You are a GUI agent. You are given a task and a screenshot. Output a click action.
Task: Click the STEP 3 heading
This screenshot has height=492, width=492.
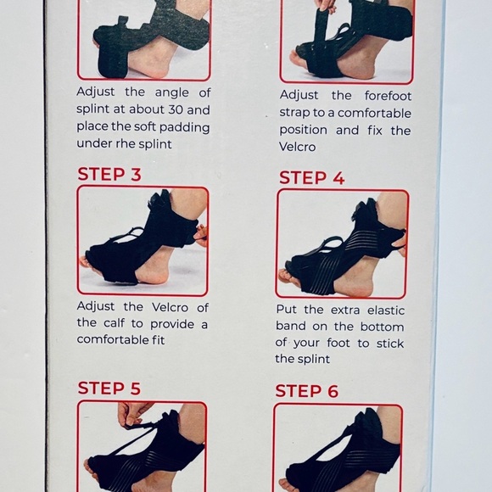tap(109, 174)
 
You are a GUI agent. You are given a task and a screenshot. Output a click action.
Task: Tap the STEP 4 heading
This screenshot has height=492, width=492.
tap(311, 177)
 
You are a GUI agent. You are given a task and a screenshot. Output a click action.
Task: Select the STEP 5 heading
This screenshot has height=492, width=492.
tap(109, 389)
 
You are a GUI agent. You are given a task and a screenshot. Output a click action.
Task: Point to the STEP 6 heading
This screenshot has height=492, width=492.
tap(306, 391)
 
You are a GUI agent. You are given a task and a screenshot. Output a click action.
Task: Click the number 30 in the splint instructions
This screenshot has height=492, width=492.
tap(176, 109)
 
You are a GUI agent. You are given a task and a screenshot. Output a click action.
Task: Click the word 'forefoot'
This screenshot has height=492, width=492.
tap(388, 96)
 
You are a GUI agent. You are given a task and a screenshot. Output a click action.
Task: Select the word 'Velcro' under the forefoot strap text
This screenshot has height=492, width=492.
tap(297, 147)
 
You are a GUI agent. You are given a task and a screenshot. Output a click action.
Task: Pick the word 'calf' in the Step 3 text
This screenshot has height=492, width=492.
tap(114, 323)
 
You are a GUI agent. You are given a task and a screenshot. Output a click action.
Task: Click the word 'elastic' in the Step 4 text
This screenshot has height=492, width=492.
tap(386, 310)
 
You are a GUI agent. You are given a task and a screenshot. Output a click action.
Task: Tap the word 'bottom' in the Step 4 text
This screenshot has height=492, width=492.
tap(382, 327)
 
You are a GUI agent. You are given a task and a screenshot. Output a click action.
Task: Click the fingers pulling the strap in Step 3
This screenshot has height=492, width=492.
tap(201, 235)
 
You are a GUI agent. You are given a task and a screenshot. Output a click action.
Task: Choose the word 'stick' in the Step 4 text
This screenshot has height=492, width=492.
tap(390, 344)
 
